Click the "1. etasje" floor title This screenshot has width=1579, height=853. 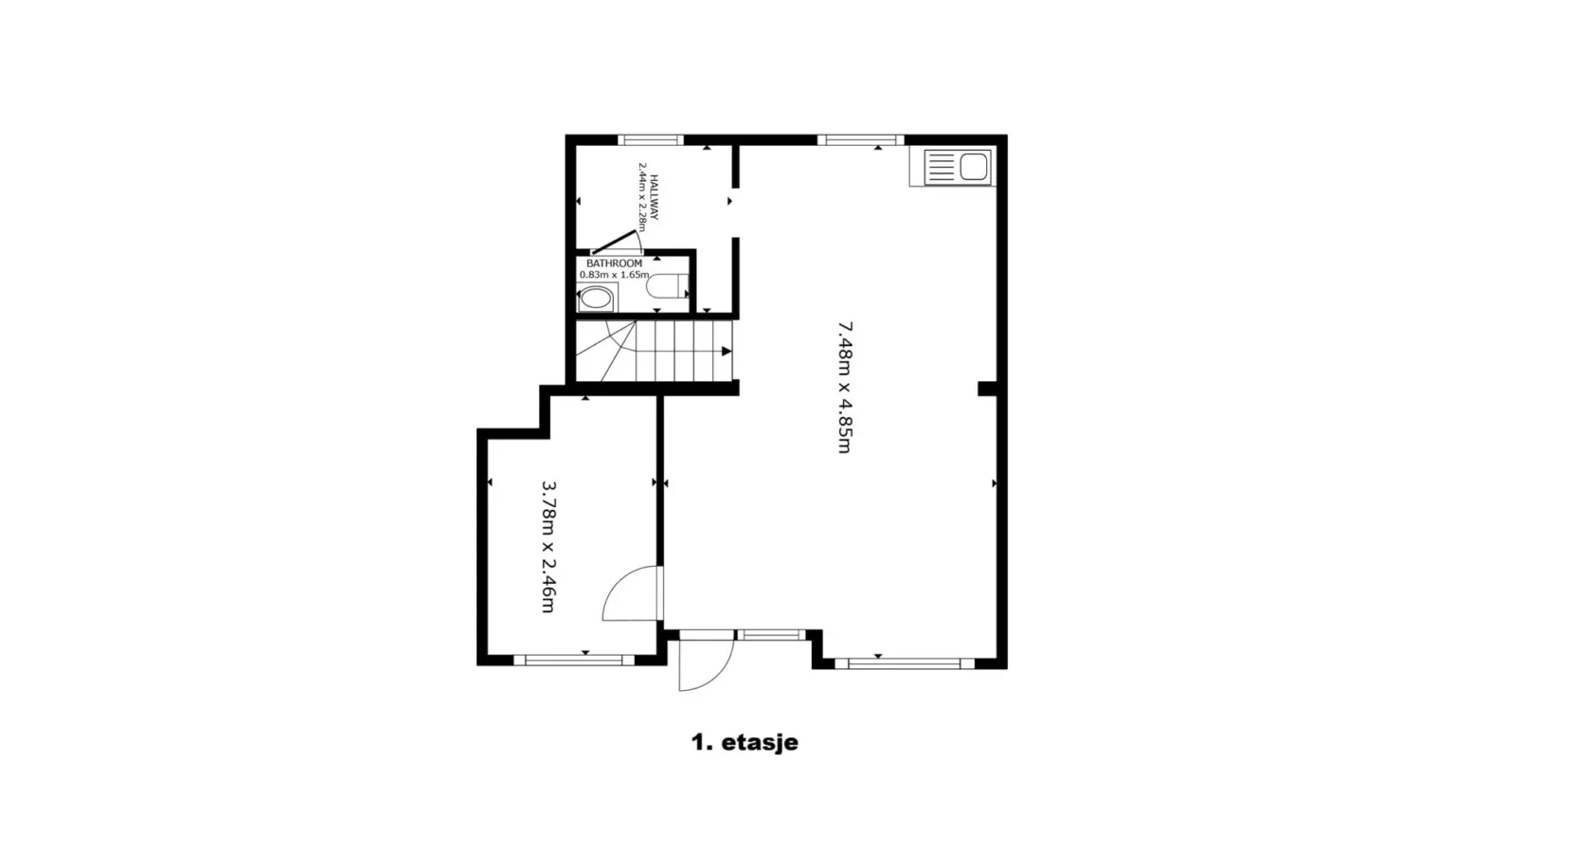[x=745, y=742]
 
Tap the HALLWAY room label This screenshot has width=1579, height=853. [x=655, y=197]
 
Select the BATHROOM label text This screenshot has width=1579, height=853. [x=614, y=263]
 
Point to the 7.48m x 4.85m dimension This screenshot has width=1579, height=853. [x=845, y=388]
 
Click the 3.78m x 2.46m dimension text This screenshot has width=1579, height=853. [x=548, y=547]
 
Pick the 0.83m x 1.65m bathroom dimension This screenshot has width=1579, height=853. [x=614, y=275]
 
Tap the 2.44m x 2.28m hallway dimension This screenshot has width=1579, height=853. [x=642, y=197]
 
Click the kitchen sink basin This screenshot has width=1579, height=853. [x=974, y=167]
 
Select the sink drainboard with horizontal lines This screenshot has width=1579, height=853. [x=940, y=168]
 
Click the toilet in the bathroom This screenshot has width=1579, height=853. [x=666, y=286]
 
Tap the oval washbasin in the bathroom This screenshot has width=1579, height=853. [x=597, y=298]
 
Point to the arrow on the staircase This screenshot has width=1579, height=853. [x=727, y=352]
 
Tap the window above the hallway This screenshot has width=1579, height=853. [x=651, y=139]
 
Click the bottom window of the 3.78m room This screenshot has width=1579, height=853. [x=574, y=661]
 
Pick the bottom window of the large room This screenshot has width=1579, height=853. [x=905, y=663]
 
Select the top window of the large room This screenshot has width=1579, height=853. [x=861, y=139]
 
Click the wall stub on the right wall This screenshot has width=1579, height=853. [x=987, y=388]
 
